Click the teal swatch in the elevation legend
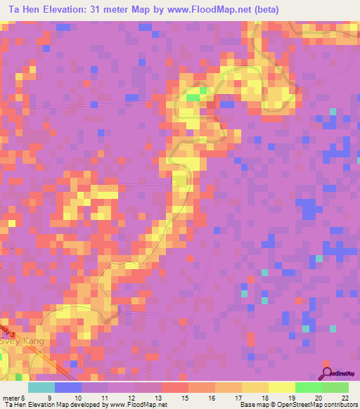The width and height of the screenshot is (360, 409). (41, 387)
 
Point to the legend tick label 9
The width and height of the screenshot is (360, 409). (50, 397)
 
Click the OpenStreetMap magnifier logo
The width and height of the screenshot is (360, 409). (326, 373)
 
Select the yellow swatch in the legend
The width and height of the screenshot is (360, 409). (282, 387)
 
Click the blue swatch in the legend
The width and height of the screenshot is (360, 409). (68, 387)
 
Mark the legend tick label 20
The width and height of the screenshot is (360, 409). (318, 397)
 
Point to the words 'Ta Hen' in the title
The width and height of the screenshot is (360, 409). (21, 10)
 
